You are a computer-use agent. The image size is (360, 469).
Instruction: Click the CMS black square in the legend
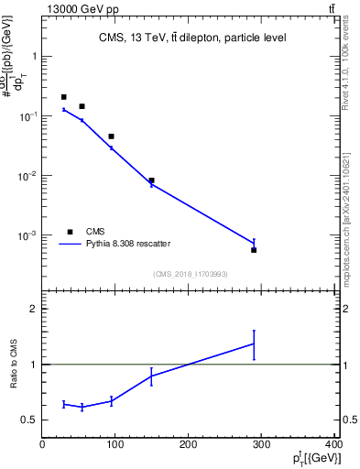70,232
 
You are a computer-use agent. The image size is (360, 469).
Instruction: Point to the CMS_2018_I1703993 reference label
190,273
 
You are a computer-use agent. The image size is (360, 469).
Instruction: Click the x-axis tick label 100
115,444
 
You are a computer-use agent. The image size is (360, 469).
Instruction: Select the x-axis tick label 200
188,444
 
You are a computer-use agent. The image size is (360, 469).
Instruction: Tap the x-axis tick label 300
261,444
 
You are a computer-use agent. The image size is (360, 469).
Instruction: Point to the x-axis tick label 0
42,444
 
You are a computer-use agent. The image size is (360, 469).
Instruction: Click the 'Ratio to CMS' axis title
15,365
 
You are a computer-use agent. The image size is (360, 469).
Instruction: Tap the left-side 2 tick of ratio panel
33,310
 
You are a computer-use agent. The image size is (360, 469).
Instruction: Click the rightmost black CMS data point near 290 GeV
254,250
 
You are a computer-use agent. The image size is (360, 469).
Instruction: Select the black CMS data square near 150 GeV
151,180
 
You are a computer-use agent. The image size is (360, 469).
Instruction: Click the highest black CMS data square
63,96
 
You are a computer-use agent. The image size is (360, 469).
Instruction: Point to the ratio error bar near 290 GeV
254,344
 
